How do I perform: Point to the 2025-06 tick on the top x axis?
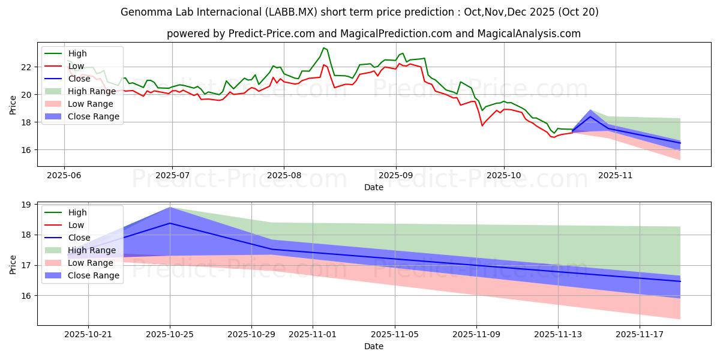[64, 176]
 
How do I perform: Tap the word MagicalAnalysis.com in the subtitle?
[529, 34]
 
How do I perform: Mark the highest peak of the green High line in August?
[323, 47]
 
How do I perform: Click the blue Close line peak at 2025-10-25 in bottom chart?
[170, 223]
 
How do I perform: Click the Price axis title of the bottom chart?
[13, 263]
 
